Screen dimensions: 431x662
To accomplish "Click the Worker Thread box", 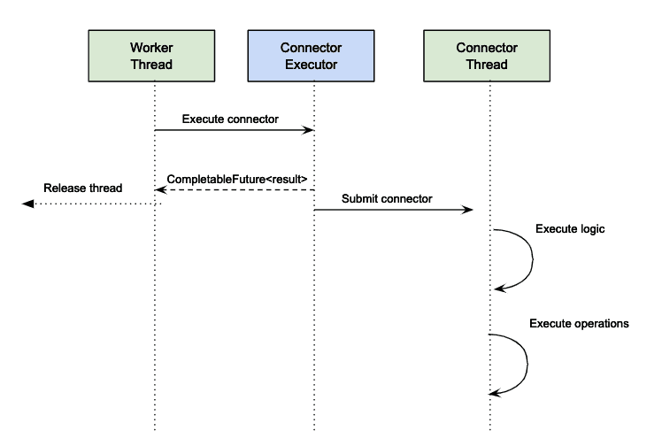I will [155, 55].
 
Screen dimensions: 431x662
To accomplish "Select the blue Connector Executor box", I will [314, 55].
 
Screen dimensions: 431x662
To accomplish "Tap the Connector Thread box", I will [488, 55].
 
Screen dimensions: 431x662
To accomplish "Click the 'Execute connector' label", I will [230, 119].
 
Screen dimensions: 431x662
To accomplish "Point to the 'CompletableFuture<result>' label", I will [237, 179].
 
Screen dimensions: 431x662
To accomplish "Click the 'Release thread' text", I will [83, 188].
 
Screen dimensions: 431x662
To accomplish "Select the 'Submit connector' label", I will [387, 199].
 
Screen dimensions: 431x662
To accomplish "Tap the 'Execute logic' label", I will [570, 229].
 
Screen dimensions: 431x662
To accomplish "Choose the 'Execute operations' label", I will [579, 324].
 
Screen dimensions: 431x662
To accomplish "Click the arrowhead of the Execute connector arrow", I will [310, 130].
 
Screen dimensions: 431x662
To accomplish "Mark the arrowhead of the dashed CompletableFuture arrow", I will [160, 189].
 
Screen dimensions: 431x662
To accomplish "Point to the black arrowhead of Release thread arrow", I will [27, 204].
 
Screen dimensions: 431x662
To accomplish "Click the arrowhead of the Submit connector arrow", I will [468, 210].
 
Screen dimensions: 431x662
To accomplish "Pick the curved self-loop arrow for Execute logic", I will [532, 258].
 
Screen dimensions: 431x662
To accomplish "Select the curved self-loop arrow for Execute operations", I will [527, 363].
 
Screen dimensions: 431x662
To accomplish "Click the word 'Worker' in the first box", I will [151, 47].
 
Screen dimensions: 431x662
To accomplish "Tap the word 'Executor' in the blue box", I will [314, 64].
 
